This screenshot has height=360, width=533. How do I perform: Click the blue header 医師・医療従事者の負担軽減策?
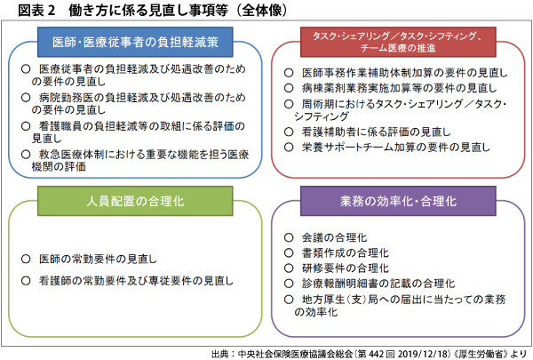point(135,42)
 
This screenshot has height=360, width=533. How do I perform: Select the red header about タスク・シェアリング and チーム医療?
point(398,42)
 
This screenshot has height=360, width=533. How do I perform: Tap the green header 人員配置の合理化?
point(135,201)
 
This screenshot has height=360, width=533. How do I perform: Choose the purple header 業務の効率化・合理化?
point(398,201)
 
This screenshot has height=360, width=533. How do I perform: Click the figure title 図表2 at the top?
point(36,10)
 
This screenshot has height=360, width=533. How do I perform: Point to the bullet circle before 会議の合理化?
point(289,237)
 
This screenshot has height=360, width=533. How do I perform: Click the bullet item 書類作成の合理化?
point(345,252)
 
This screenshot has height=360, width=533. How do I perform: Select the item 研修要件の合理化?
point(345,268)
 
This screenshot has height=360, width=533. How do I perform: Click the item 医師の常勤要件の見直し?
point(98,260)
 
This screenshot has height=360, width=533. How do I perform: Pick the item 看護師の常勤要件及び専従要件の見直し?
point(136,281)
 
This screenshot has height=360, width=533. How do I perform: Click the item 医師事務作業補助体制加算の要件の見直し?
point(404,73)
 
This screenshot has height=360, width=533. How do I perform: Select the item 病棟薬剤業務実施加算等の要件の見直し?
point(399,88)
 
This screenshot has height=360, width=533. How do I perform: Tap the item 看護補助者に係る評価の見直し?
point(377,132)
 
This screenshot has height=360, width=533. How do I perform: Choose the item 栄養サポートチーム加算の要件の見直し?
point(396,147)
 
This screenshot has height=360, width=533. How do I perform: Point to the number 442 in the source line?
point(377,354)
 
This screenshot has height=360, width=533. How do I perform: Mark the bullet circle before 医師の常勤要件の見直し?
point(26,260)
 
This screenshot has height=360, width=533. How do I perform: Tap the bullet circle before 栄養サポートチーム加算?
point(289,147)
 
